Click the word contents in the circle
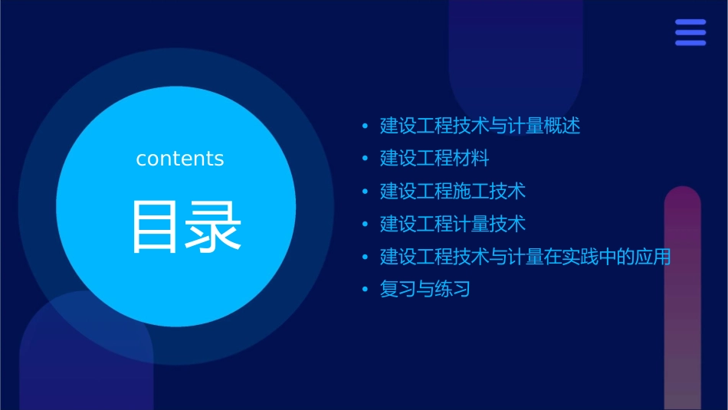pos(180,159)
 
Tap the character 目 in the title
pos(156,227)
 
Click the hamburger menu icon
pos(690,32)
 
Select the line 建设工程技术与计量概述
pos(480,126)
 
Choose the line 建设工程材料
pos(435,159)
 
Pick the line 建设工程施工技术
pos(453,191)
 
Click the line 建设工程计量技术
pos(453,224)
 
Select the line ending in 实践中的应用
pos(525,257)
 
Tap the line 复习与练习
pos(425,289)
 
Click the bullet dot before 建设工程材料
pos(366,159)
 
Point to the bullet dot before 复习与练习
pos(366,290)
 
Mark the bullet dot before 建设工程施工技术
pos(366,192)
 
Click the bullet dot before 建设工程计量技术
pos(366,225)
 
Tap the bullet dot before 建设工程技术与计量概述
pos(366,126)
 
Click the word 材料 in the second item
pos(471,159)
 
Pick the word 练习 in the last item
pos(452,289)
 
